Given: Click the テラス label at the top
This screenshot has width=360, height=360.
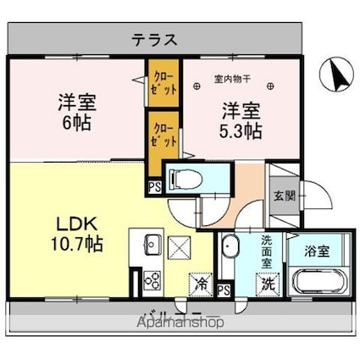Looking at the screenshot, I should (x=154, y=39).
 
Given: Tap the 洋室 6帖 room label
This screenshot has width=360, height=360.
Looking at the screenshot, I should (x=75, y=110).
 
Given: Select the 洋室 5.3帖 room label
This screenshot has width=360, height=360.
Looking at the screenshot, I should (x=241, y=119).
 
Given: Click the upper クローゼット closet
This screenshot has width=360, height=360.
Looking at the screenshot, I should (x=163, y=83).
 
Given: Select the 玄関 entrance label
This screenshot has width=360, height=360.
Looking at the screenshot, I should (x=284, y=197).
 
